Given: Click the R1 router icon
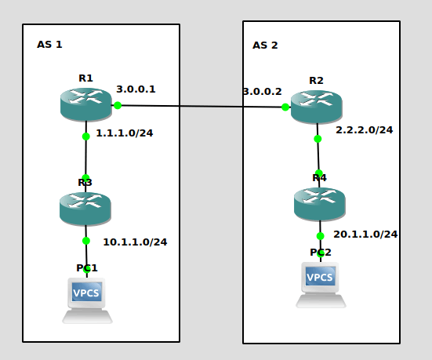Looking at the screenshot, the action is (86, 104).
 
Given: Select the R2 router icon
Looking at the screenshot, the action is (317, 107).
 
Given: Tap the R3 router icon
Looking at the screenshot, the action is (85, 209).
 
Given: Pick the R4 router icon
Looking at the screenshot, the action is (320, 204).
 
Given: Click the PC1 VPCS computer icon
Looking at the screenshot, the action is (87, 300).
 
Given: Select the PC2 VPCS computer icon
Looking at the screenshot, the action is (321, 285).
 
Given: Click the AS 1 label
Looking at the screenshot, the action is (49, 45).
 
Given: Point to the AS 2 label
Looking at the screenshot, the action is (265, 45).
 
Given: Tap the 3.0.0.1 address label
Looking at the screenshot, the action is (136, 89).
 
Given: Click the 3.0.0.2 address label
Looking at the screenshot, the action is (263, 92).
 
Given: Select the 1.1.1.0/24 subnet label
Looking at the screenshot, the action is (124, 133).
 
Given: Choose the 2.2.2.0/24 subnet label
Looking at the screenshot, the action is (365, 130).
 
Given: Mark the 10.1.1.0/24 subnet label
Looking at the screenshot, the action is (135, 242).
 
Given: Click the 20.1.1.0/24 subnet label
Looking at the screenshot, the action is (365, 235).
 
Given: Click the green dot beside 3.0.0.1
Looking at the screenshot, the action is (118, 105).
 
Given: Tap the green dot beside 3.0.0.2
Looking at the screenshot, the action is (285, 107).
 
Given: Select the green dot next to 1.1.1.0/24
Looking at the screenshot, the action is (86, 136).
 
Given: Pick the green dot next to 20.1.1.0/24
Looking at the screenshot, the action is (320, 236).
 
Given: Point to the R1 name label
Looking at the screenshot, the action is (85, 78).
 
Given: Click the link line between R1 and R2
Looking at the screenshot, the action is (201, 106).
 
